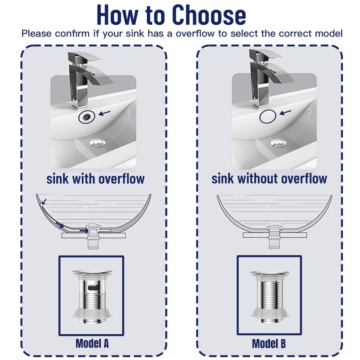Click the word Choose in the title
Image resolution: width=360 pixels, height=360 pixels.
point(204,15)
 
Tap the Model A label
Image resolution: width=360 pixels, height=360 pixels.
point(92,344)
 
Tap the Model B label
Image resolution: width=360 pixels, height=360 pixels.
point(269,344)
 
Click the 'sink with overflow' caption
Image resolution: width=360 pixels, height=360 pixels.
point(95,179)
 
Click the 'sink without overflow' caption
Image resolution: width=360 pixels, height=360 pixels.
point(269,179)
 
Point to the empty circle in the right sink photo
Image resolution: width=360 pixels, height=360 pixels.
point(267,116)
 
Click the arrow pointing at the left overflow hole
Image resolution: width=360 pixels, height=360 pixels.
point(104,114)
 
